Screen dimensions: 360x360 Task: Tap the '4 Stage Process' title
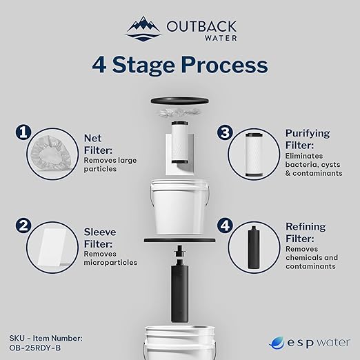tap(179, 65)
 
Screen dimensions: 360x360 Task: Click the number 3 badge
tap(223, 131)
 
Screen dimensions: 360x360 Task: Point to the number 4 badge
tap(223, 226)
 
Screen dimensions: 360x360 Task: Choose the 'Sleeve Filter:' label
tap(99, 237)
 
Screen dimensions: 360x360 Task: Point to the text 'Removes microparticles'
tap(110, 258)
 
